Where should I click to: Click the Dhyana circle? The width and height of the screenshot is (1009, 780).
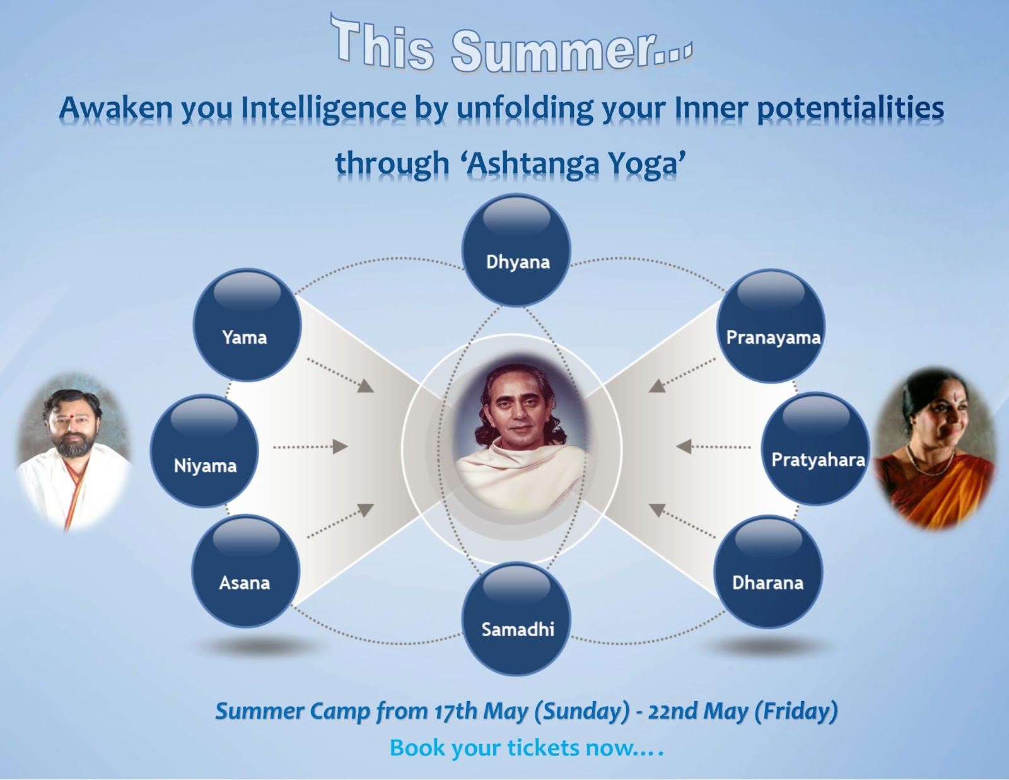[516, 250]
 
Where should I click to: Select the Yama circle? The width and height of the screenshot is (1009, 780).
[247, 325]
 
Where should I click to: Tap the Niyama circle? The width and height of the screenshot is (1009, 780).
[204, 450]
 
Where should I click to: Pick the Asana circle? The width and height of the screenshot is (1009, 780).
[246, 571]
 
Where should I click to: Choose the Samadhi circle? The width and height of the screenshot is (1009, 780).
[516, 619]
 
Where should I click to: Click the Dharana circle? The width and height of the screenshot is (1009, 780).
[769, 571]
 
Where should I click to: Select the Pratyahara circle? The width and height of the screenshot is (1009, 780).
[815, 448]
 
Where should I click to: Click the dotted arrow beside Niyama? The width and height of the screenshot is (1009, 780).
[310, 447]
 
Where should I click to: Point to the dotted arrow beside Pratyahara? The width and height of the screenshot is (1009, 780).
[713, 447]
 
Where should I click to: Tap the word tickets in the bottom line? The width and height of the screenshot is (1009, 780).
[543, 748]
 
